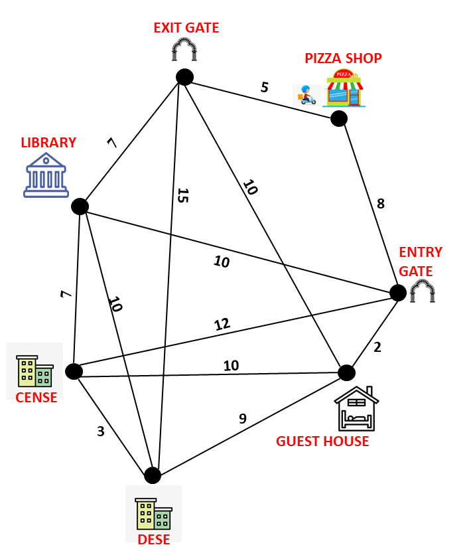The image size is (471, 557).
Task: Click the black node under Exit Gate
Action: [184, 77]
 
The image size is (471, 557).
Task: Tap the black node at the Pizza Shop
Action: [339, 119]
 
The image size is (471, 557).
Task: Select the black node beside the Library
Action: [80, 206]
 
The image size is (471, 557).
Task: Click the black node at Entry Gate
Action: [397, 292]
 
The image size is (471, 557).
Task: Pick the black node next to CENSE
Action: [74, 371]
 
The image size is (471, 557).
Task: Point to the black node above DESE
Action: [153, 475]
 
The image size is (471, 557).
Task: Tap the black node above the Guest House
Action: [347, 372]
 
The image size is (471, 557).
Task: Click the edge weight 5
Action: [265, 87]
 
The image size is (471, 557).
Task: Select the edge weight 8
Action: [380, 204]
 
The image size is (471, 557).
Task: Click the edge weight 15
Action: [183, 195]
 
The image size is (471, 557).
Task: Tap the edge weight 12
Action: [222, 325]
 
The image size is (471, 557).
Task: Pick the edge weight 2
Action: [377, 346]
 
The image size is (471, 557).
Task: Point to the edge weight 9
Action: [243, 418]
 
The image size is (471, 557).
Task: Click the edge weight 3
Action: [101, 431]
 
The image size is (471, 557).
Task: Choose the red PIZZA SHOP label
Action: [343, 58]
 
